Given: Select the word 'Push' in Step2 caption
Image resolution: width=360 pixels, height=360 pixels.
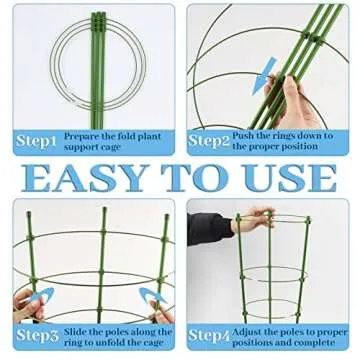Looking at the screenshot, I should pyautogui.click(x=245, y=132).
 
